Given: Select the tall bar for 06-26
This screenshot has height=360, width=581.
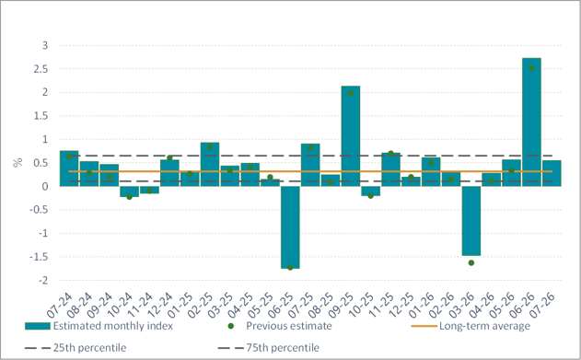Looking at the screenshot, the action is [x=531, y=122].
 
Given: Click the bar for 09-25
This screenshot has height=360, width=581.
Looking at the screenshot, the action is [x=351, y=136].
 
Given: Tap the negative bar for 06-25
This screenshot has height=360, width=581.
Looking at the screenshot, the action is [x=290, y=227].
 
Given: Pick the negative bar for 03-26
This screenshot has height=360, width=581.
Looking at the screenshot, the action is [x=471, y=221].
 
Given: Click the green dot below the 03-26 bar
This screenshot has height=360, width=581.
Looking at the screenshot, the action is [x=471, y=263].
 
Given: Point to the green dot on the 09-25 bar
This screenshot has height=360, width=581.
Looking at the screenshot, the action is [x=351, y=93].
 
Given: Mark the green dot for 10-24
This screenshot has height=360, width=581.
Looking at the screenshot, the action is [x=129, y=197].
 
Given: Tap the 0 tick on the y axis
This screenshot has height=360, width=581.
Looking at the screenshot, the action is [x=45, y=187].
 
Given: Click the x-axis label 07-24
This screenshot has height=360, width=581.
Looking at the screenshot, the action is [x=60, y=306].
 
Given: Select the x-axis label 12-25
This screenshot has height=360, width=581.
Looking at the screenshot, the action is [x=401, y=306].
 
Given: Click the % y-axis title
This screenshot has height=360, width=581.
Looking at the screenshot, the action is [x=17, y=162].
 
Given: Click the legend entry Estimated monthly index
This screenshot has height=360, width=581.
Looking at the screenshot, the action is [x=99, y=326].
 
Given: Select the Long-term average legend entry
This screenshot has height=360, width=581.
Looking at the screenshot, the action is [x=471, y=326].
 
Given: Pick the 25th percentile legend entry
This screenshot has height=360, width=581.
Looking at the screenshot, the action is [x=76, y=348].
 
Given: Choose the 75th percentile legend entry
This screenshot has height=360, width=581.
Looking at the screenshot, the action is [x=268, y=348].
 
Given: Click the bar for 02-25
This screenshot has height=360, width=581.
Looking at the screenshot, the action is [x=210, y=165].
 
